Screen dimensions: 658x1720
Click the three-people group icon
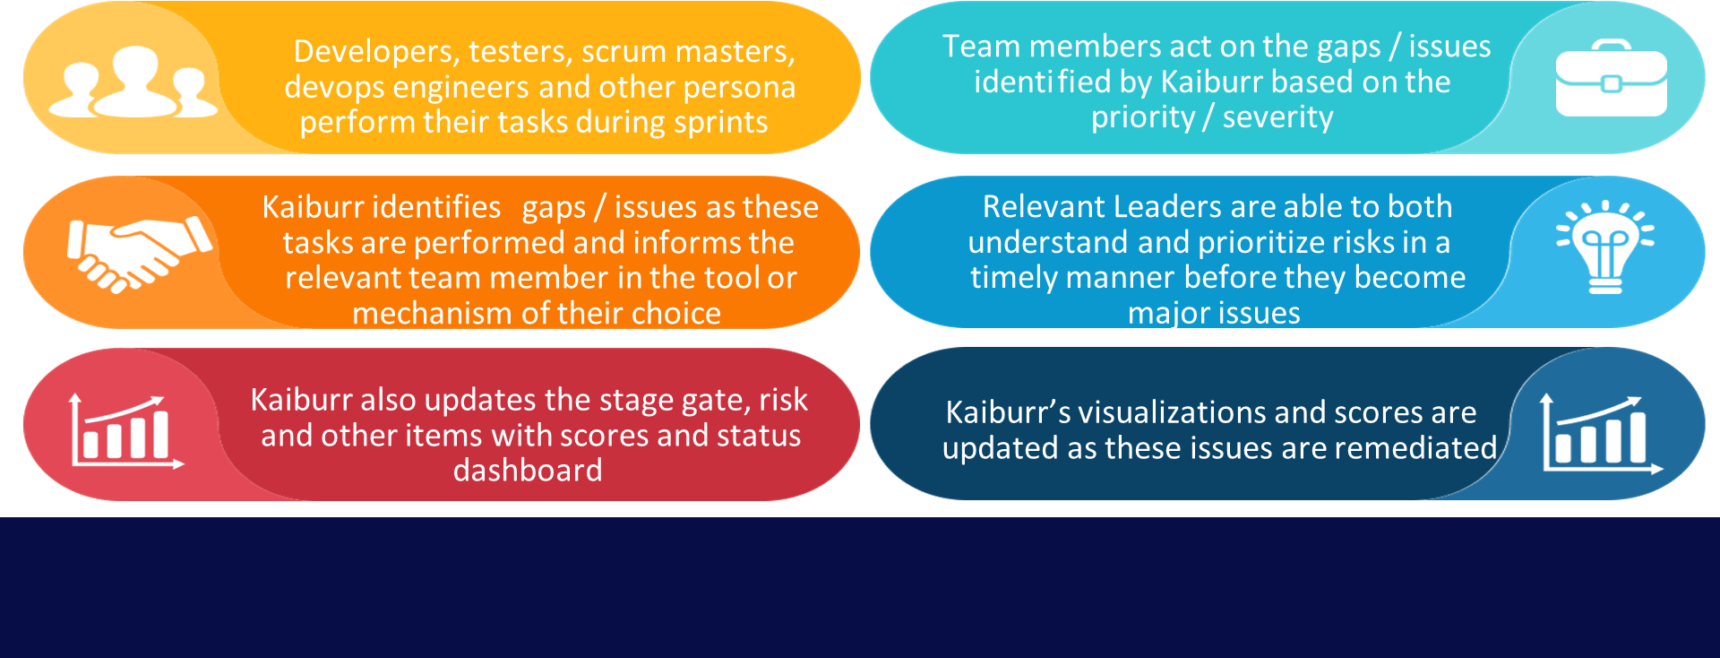pos(133,82)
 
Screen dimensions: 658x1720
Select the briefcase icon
pos(1611,79)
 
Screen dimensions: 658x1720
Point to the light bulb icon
pos(1604,247)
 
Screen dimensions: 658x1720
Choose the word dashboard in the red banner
pos(528,471)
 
